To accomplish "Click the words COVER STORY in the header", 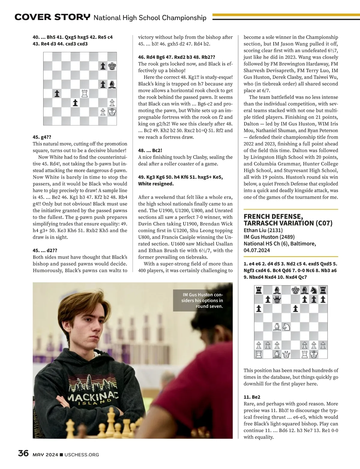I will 52,17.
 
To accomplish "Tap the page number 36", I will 23,453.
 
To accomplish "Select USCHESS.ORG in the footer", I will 82,455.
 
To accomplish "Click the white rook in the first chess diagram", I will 85,94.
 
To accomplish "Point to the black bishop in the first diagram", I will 112,85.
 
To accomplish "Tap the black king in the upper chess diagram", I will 112,66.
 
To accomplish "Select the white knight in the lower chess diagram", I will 286,326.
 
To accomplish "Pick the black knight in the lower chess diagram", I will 314,290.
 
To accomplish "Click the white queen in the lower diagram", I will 286,354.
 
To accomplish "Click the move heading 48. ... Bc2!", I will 150,150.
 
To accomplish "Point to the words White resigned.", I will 156,184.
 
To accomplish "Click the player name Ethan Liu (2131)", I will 263,230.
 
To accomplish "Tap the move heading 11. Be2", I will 252,397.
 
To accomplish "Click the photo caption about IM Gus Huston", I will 203,300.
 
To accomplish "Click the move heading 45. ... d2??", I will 45,250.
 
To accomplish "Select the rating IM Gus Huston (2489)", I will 269,237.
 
